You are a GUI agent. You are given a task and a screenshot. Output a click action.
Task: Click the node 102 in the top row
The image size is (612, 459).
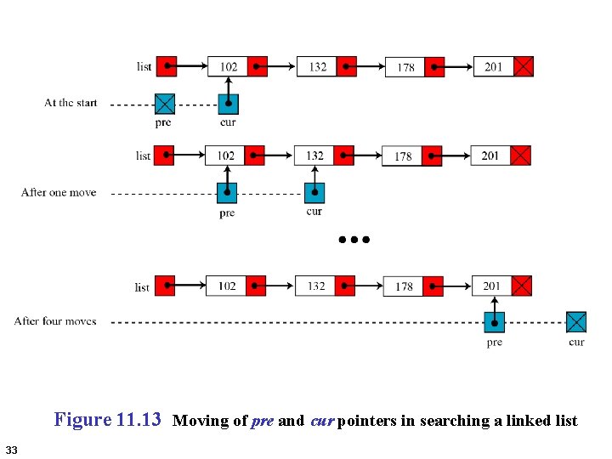(229, 66)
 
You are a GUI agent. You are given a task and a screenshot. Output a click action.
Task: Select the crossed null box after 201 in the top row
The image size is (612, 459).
(524, 66)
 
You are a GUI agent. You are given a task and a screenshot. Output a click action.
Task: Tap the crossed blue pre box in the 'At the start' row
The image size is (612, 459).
(165, 104)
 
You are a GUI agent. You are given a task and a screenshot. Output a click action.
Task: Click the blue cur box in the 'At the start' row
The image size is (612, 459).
(229, 104)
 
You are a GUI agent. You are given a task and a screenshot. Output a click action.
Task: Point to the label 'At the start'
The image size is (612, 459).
(71, 103)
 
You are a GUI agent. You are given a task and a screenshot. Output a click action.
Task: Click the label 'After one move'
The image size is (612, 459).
(59, 193)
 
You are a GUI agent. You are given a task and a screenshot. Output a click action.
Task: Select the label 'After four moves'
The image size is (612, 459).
(55, 321)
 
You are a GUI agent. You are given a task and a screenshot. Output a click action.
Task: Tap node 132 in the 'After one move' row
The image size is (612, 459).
(314, 156)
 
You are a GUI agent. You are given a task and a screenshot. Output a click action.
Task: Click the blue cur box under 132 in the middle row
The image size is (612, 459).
(314, 193)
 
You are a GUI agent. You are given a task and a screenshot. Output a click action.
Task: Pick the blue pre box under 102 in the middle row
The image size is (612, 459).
(227, 193)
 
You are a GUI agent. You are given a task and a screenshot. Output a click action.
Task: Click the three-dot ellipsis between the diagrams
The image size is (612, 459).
(354, 240)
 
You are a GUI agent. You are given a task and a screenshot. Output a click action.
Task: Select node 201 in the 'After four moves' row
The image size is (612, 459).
(491, 286)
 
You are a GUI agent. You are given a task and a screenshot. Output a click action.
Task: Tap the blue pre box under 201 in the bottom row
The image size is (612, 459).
(495, 322)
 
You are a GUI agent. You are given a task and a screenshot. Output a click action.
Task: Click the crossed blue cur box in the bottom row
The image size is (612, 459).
(576, 322)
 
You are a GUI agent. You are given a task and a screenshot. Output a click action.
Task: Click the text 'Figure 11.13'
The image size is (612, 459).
(107, 420)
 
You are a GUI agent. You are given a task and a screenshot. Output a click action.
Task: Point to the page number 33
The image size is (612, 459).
(11, 449)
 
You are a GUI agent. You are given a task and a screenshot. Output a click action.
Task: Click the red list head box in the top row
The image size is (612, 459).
(167, 66)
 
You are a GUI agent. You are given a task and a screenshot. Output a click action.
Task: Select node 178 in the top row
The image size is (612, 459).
(406, 67)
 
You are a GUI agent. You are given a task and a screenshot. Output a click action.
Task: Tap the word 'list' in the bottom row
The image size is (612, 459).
(142, 287)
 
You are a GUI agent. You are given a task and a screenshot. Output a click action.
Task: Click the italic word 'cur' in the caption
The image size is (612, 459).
(322, 421)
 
